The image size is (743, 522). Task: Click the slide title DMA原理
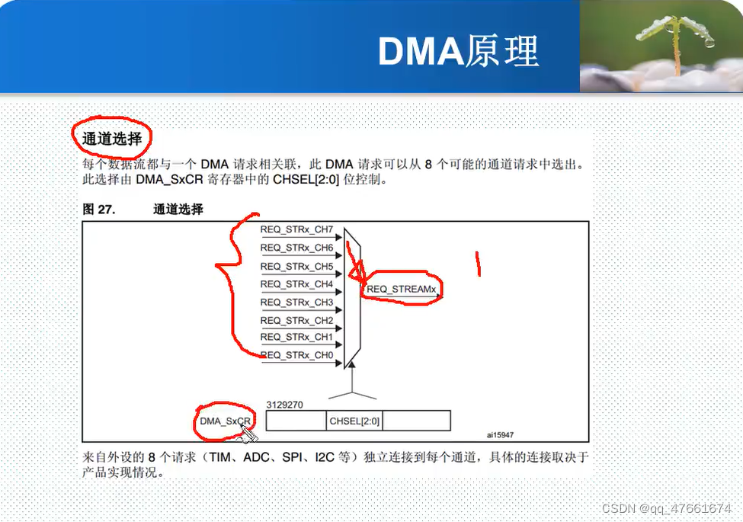pos(459,51)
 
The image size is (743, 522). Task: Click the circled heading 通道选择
pos(111,139)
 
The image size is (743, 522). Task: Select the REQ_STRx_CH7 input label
pos(296,229)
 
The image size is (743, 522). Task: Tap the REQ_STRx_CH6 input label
pos(296,248)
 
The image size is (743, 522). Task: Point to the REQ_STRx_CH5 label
pos(296,266)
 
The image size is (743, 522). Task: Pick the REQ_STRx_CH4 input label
pos(296,284)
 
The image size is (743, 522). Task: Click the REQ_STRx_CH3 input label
pos(296,303)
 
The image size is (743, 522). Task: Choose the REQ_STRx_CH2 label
pos(296,321)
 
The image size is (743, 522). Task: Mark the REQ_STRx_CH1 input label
pos(296,337)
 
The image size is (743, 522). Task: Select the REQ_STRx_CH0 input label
pos(296,355)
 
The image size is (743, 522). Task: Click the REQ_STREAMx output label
pos(402,290)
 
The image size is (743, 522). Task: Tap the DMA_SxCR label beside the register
pos(225,421)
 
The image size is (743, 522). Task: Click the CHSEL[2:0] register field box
pos(354,421)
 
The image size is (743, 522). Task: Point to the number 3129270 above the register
pos(285,405)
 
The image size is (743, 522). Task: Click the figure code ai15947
pos(501,435)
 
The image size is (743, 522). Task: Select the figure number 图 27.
pos(98,209)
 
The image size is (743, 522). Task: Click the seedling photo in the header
pos(661,47)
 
